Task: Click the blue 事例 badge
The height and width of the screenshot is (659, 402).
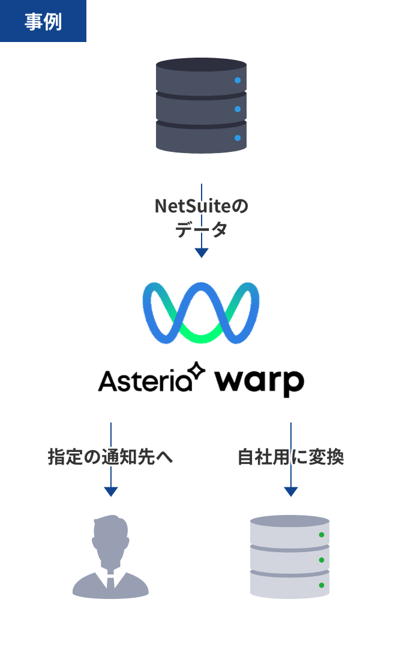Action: [x=43, y=21]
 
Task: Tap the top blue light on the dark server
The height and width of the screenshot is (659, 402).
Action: [x=238, y=80]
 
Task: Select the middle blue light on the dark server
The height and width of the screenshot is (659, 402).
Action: [x=238, y=109]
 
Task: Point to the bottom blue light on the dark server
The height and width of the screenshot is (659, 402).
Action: [x=238, y=138]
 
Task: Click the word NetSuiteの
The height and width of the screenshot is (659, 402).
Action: [x=201, y=206]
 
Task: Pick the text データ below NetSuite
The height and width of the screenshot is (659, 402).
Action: [x=201, y=229]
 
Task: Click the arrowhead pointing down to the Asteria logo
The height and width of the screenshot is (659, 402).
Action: [x=202, y=253]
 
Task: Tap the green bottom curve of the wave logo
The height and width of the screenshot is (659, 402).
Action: [x=201, y=335]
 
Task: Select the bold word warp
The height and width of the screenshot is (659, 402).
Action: [x=260, y=382]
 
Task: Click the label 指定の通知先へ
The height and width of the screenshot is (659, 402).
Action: [x=110, y=457]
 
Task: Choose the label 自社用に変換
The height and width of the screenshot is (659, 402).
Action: [x=290, y=457]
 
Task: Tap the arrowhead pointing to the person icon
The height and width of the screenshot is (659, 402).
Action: [x=111, y=492]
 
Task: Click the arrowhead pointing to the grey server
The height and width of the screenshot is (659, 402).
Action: [x=291, y=492]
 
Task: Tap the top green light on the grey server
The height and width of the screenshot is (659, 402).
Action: [x=322, y=535]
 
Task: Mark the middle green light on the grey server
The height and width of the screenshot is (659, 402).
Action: [x=322, y=560]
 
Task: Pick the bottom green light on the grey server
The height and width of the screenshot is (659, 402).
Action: [x=322, y=585]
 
